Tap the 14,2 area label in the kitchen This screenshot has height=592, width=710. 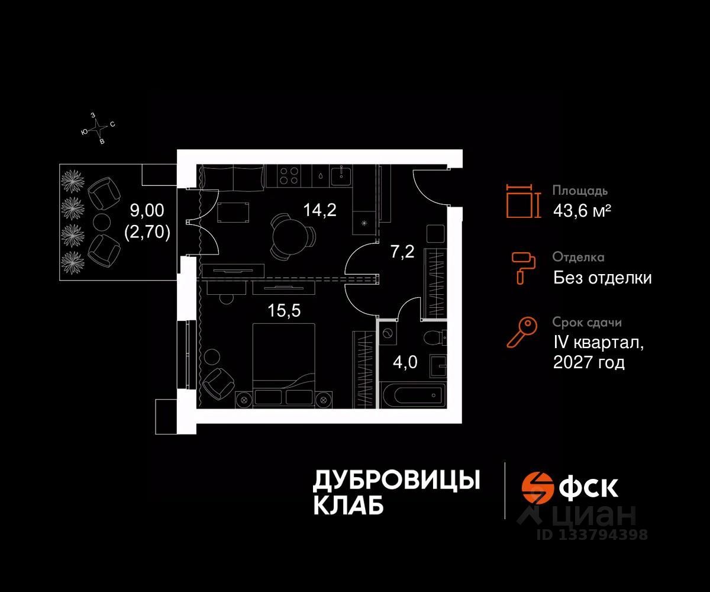[319, 209]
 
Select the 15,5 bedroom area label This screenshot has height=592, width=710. [284, 311]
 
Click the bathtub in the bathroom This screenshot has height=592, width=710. [413, 394]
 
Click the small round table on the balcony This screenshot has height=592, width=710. [102, 222]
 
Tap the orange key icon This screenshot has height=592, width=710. [522, 332]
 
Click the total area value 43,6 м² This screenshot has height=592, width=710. [582, 210]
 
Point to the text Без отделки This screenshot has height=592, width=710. [602, 277]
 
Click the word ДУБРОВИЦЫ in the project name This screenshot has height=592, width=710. [395, 480]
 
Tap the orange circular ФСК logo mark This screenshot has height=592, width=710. [537, 487]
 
